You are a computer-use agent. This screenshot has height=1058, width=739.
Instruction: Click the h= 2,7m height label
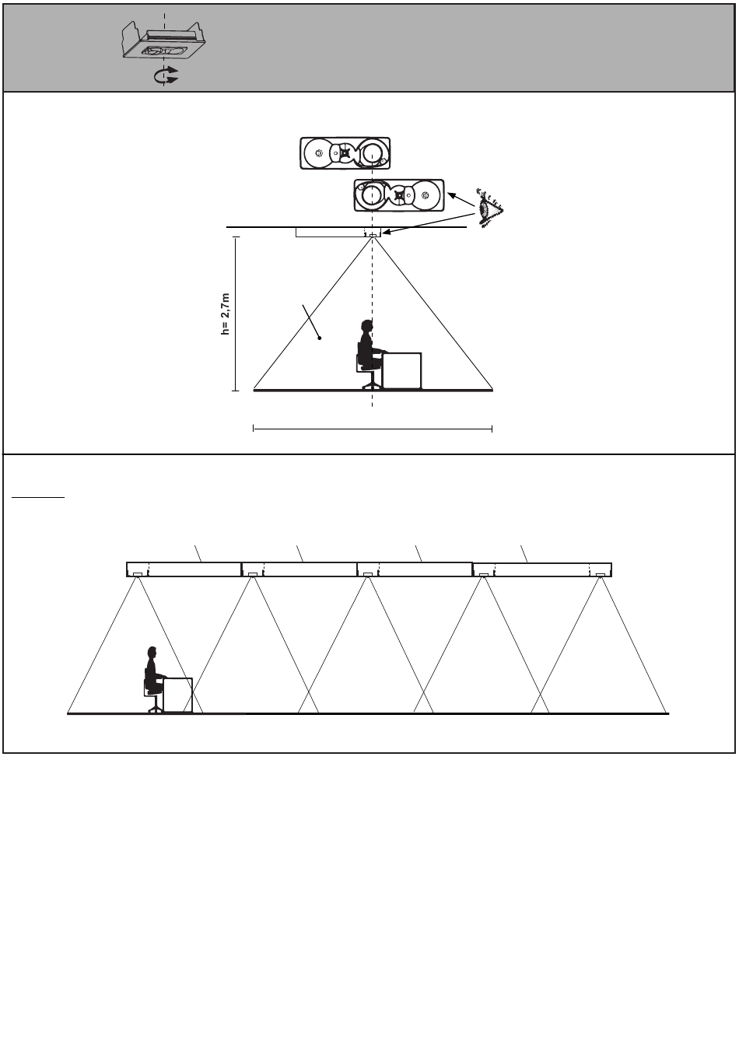point(226,314)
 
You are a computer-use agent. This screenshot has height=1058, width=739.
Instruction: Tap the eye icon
point(489,208)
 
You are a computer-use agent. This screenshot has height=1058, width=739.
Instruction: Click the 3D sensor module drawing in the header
point(164,41)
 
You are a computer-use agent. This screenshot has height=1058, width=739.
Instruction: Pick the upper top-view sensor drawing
point(345,153)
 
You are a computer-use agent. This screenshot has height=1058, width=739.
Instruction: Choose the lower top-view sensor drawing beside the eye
point(399,195)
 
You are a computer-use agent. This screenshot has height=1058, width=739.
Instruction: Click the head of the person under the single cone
point(366,326)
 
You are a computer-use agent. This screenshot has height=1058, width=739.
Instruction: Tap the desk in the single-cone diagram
point(402,371)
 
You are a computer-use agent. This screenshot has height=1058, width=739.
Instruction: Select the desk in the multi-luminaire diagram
point(177,695)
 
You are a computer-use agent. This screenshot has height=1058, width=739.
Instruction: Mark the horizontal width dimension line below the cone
point(373,429)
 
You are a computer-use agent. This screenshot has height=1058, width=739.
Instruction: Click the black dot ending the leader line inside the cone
point(320,338)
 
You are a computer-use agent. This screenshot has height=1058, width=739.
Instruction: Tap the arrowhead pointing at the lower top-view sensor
point(451,194)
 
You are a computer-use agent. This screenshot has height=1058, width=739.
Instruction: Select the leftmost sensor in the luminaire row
point(138,574)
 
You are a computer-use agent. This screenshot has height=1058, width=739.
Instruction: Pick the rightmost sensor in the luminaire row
point(601,575)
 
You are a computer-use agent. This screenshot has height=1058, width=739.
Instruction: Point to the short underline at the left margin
point(38,497)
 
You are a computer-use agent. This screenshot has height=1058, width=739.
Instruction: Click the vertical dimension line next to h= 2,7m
point(235,314)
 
